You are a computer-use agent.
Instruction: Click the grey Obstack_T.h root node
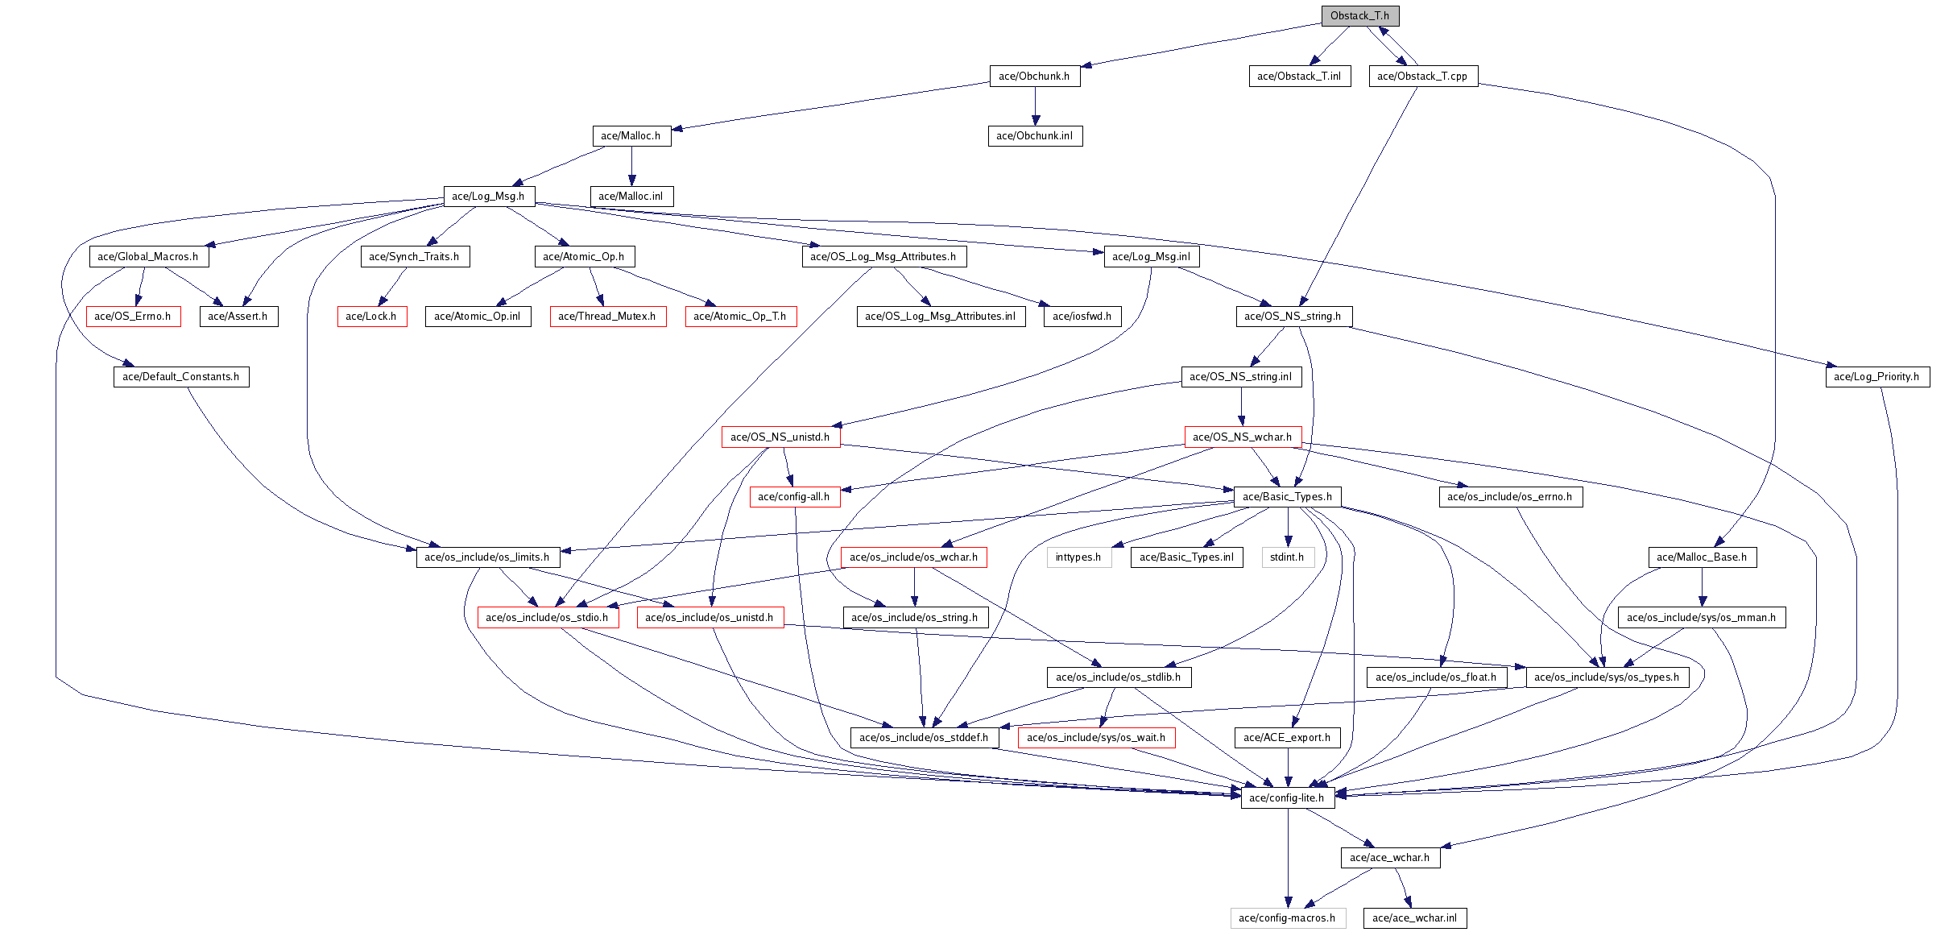1359,16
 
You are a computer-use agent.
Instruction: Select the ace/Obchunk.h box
1034,77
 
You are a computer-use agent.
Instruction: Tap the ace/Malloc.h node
631,136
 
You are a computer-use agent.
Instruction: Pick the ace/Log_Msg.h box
488,197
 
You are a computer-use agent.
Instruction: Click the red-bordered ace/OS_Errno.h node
133,317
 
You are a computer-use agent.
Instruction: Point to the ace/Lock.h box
371,317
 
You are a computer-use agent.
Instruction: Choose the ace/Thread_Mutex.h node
607,317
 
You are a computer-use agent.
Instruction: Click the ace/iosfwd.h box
1082,317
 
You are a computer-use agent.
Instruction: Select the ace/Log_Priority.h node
1876,377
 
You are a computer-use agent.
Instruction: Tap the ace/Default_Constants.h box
181,377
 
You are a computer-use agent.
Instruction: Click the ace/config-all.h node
794,497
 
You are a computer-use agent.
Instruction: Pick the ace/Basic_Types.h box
1287,497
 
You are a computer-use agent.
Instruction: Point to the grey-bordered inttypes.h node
1078,557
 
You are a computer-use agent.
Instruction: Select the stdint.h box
1287,557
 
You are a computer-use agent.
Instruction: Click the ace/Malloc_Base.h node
1702,557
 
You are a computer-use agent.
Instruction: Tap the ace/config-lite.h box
1287,798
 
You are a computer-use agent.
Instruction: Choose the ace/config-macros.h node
1287,918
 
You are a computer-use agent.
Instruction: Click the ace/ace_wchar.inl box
1414,918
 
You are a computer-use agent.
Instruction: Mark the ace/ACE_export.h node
1287,738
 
